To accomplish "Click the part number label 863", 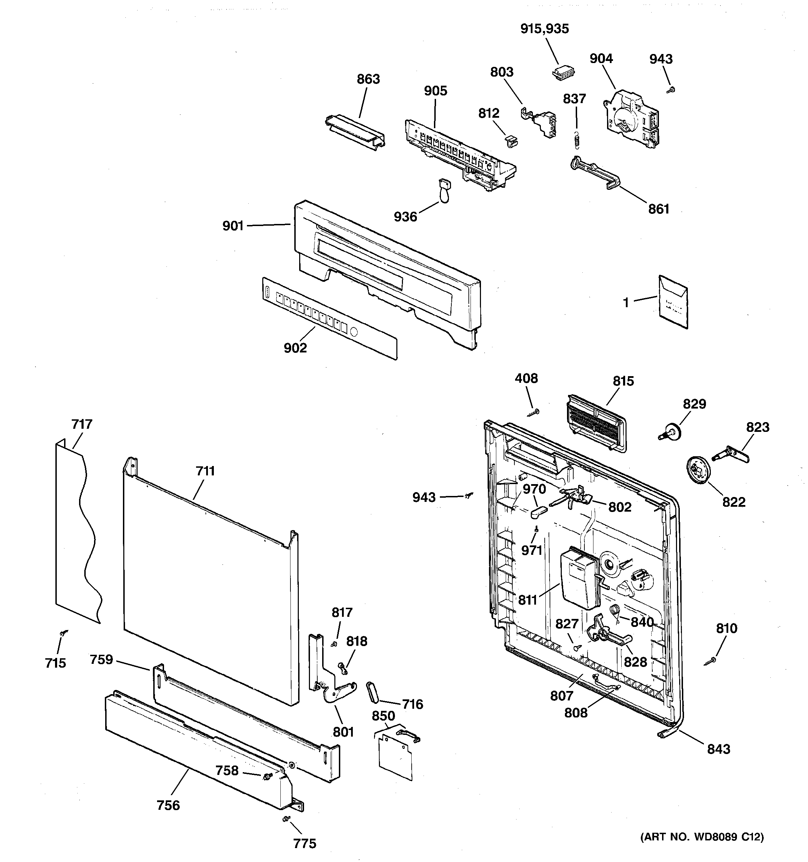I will click(x=368, y=79).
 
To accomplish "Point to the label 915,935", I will click(x=544, y=29).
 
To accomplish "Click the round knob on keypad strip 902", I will click(x=353, y=333).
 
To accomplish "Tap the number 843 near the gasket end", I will click(x=718, y=749).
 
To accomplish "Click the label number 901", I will click(x=233, y=226).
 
